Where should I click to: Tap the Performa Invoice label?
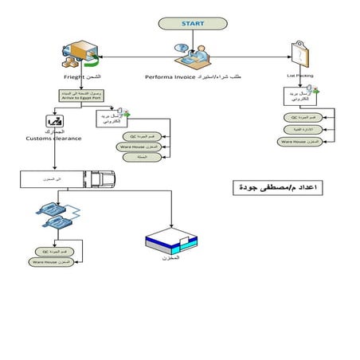click(x=170, y=77)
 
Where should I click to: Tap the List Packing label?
click(x=300, y=77)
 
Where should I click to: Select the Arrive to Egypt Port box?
click(x=79, y=96)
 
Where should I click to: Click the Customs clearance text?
click(x=53, y=138)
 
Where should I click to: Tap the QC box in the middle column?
click(x=140, y=136)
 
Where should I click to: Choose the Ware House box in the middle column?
click(x=140, y=147)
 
